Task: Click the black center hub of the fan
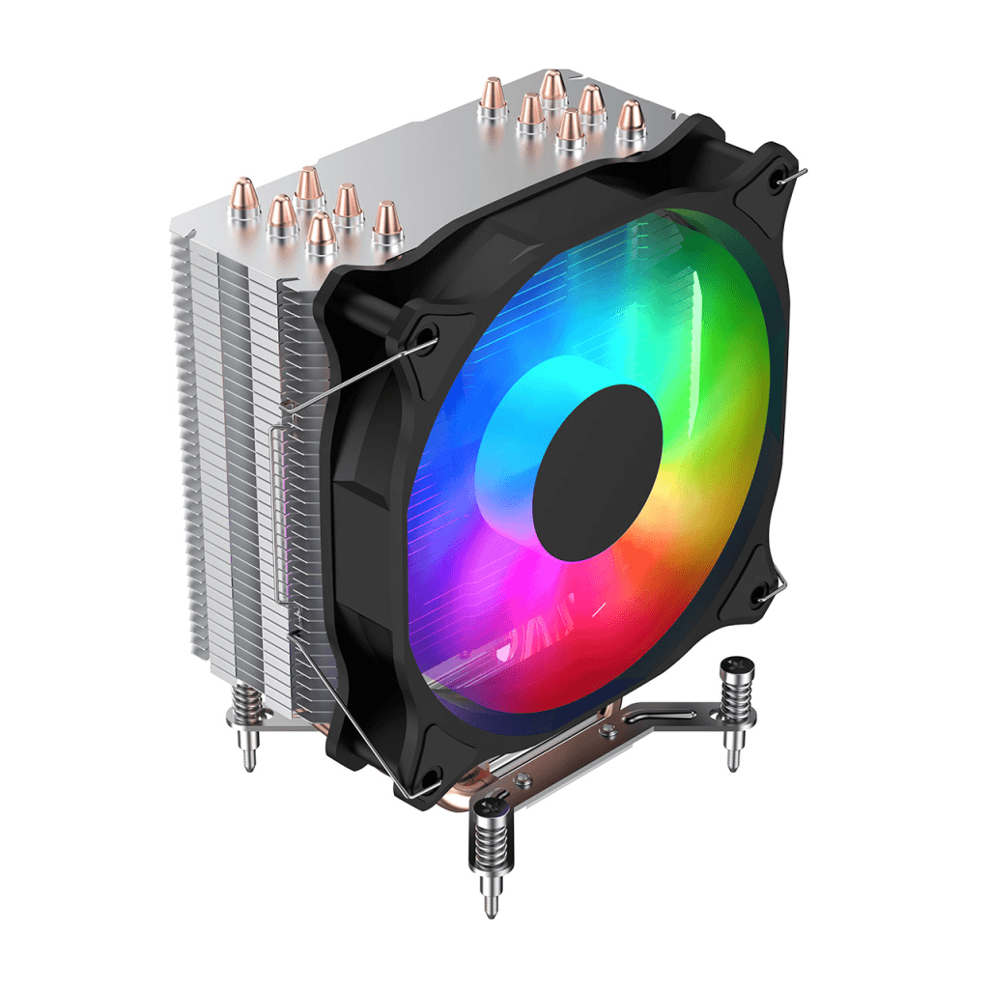597,472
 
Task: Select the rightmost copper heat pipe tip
631,116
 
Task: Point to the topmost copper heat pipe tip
552,85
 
